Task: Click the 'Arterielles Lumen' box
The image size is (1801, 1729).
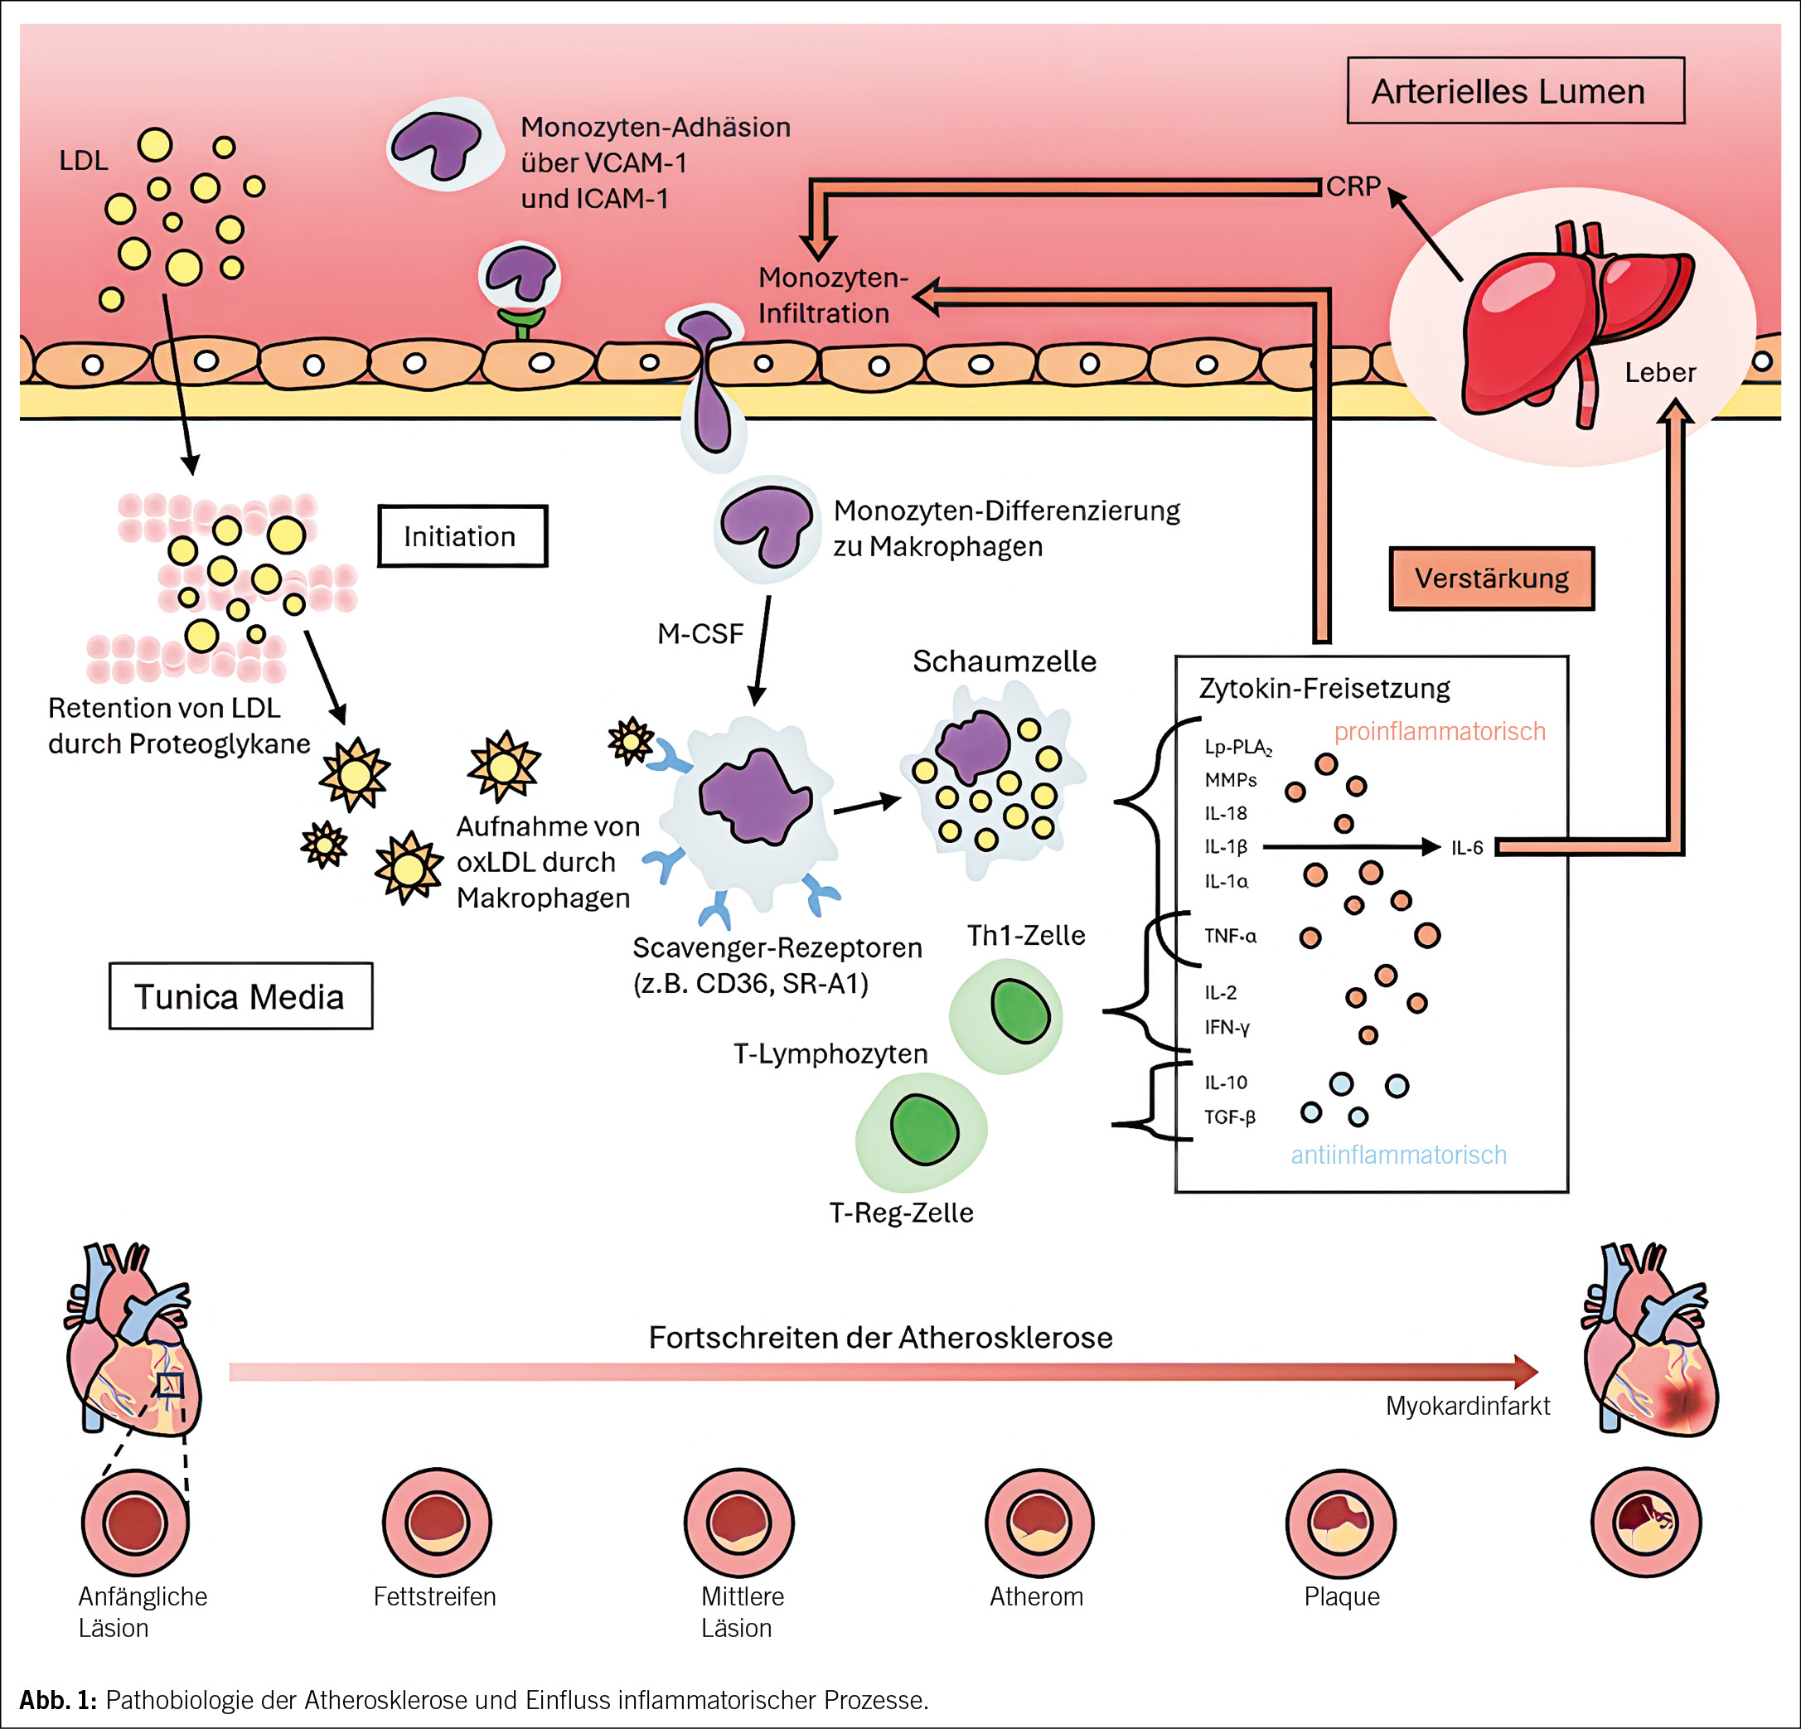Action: (x=1514, y=91)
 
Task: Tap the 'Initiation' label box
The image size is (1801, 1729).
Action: (x=462, y=535)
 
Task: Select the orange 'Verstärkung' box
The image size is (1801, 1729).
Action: (x=1490, y=578)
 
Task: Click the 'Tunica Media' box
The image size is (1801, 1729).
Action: (x=240, y=996)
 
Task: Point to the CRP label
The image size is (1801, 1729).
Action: (x=1353, y=186)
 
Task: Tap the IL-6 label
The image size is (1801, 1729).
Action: (x=1466, y=848)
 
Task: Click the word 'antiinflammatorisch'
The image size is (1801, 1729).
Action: (x=1397, y=1155)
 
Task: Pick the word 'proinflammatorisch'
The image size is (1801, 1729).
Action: (x=1439, y=731)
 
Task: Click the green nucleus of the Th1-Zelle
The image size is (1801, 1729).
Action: (x=1020, y=1010)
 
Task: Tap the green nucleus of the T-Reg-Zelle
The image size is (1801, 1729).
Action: (x=923, y=1129)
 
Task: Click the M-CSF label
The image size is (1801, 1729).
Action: (x=700, y=634)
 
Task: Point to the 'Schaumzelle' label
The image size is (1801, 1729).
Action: (x=1004, y=661)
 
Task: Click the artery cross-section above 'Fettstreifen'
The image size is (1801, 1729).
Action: (x=437, y=1523)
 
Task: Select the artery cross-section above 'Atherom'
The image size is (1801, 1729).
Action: (x=1039, y=1523)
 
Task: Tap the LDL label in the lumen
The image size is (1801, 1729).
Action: (x=84, y=161)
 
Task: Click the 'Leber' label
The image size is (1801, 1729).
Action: (x=1659, y=372)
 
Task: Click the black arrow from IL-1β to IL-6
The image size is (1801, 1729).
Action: (x=1351, y=847)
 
